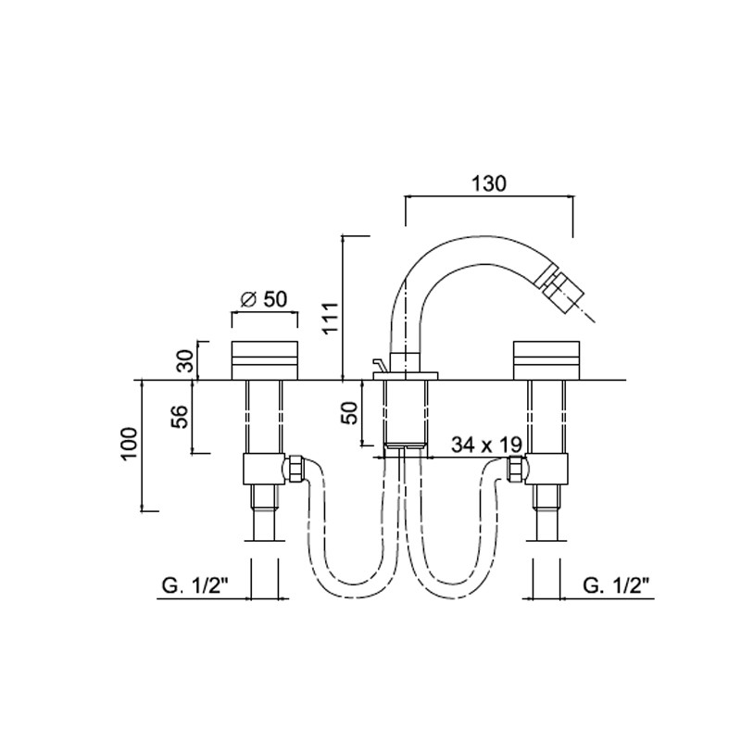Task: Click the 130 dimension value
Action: (489, 183)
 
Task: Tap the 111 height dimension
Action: (331, 317)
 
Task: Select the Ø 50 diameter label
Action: (264, 299)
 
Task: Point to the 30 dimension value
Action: (187, 360)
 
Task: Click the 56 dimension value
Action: (180, 416)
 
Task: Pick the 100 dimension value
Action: (129, 444)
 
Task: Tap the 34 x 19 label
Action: (487, 445)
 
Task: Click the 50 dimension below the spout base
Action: (350, 412)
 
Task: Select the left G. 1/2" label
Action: (195, 586)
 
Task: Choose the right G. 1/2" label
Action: (616, 586)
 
